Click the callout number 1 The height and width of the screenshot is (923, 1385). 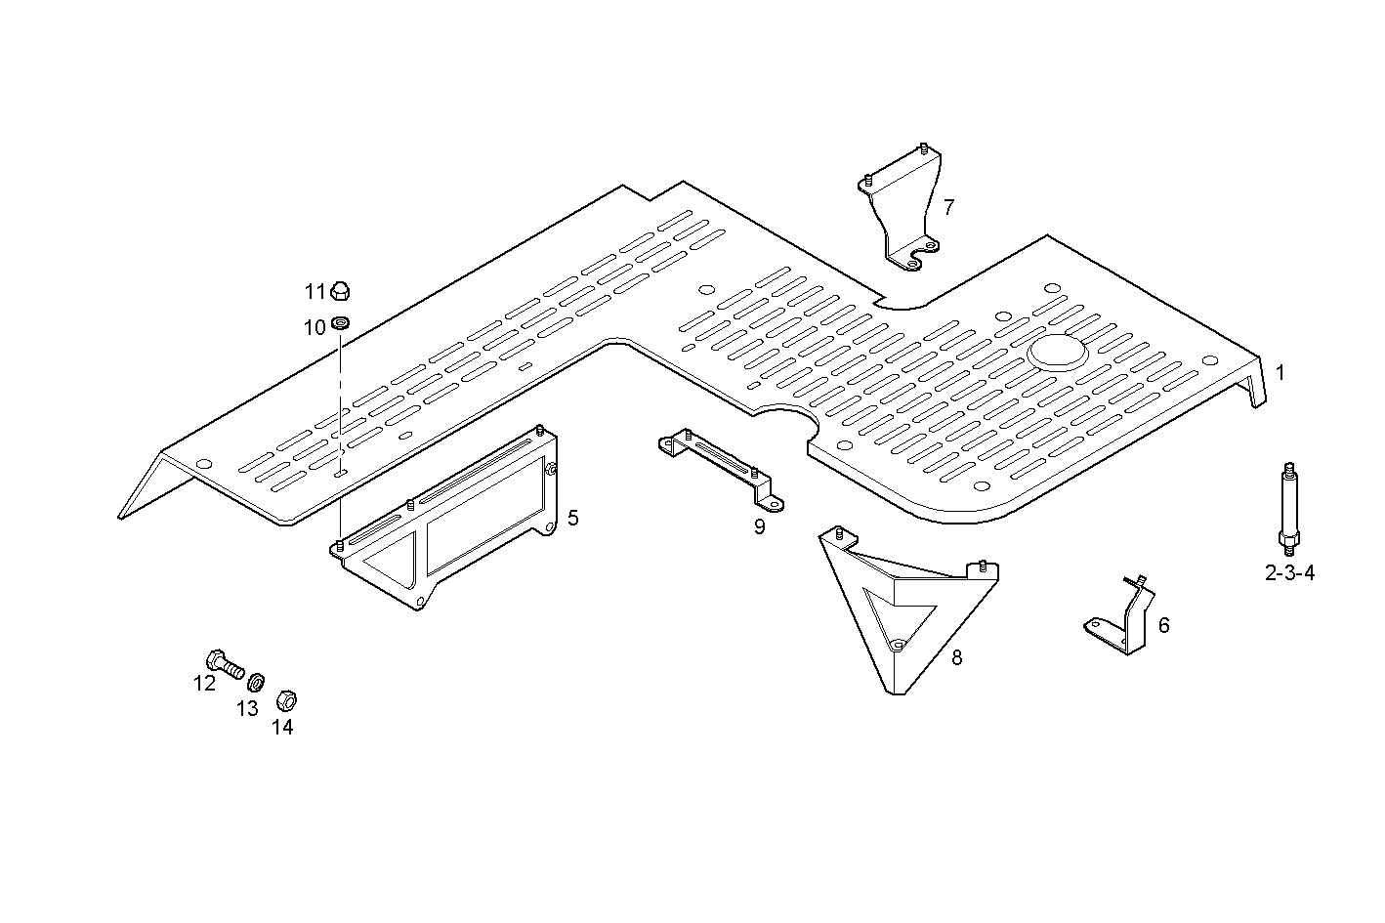pos(1280,372)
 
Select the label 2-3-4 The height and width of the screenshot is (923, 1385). pos(1289,573)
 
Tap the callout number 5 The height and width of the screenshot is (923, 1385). pos(572,518)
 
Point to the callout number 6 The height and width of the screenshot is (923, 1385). pos(1163,625)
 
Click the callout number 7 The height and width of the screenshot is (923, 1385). pos(948,207)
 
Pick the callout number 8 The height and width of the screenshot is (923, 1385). pos(956,657)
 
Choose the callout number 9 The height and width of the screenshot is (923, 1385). pos(759,527)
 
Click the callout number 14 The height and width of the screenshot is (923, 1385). pos(282,727)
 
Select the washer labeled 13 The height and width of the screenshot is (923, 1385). pos(257,681)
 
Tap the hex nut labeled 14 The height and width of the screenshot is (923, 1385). pos(286,700)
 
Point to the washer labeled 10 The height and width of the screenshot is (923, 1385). pos(341,323)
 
